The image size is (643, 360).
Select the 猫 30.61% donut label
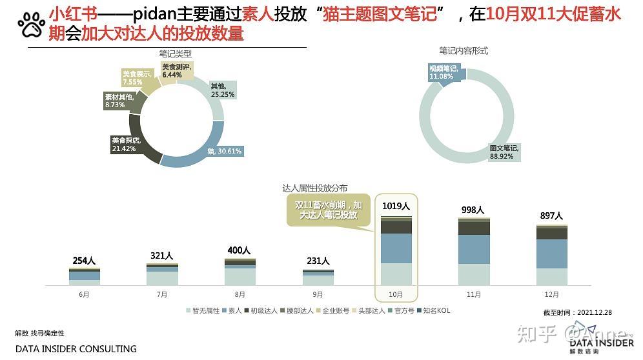tap(225, 151)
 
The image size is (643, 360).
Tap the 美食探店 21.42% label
tap(126, 144)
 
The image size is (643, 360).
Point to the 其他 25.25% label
tap(222, 90)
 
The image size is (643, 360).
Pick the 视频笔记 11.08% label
tap(445, 72)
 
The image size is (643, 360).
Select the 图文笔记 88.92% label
tap(504, 152)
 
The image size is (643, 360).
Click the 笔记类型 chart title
tap(176, 54)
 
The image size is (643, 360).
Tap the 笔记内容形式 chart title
tap(463, 50)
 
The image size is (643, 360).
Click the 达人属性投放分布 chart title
tap(314, 188)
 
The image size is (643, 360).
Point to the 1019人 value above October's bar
tap(396, 206)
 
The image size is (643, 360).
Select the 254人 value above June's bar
tap(84, 261)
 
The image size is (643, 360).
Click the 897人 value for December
tap(551, 215)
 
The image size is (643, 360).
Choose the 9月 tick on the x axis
tap(318, 294)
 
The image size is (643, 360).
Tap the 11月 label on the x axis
tap(473, 294)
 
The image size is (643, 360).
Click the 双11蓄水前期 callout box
tap(329, 210)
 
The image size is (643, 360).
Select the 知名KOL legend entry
tap(433, 311)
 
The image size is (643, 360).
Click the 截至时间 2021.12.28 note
tap(577, 312)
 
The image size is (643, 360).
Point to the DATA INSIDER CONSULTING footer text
tap(76, 349)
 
